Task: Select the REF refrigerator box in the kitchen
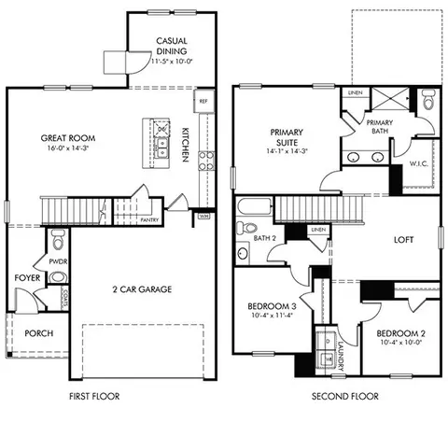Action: [203, 100]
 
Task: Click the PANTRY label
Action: [149, 219]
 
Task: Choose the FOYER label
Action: [24, 278]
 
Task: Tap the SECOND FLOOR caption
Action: [345, 396]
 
